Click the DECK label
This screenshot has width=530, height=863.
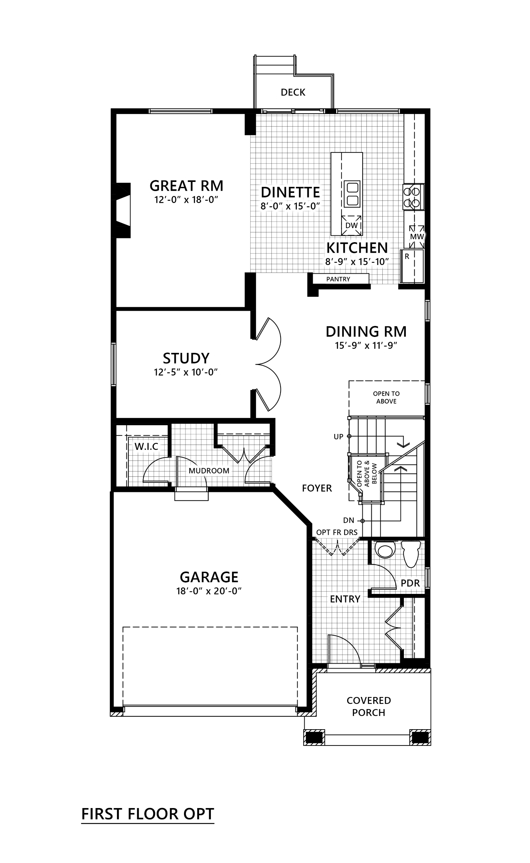tap(293, 92)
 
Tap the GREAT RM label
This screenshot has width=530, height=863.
tap(187, 186)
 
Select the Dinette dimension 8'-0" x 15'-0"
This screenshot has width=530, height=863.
tap(290, 207)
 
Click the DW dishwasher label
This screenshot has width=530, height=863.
tap(351, 226)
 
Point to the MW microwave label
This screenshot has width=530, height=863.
tap(416, 237)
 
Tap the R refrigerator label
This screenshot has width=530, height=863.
tap(407, 257)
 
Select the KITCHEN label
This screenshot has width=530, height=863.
tap(357, 248)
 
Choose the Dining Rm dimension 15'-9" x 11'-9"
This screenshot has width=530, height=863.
tap(366, 346)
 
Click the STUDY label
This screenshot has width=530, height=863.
tap(186, 358)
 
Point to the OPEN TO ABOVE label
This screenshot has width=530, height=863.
tap(386, 397)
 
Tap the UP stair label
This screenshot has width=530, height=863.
tap(338, 437)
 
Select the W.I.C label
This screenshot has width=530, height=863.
tap(147, 446)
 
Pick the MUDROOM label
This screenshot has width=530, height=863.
tap(209, 471)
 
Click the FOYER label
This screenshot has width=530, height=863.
tap(317, 488)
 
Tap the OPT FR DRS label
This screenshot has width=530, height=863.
tap(337, 532)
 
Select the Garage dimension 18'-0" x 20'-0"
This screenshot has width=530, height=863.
tap(209, 591)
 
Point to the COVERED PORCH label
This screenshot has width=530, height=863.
tap(368, 706)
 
